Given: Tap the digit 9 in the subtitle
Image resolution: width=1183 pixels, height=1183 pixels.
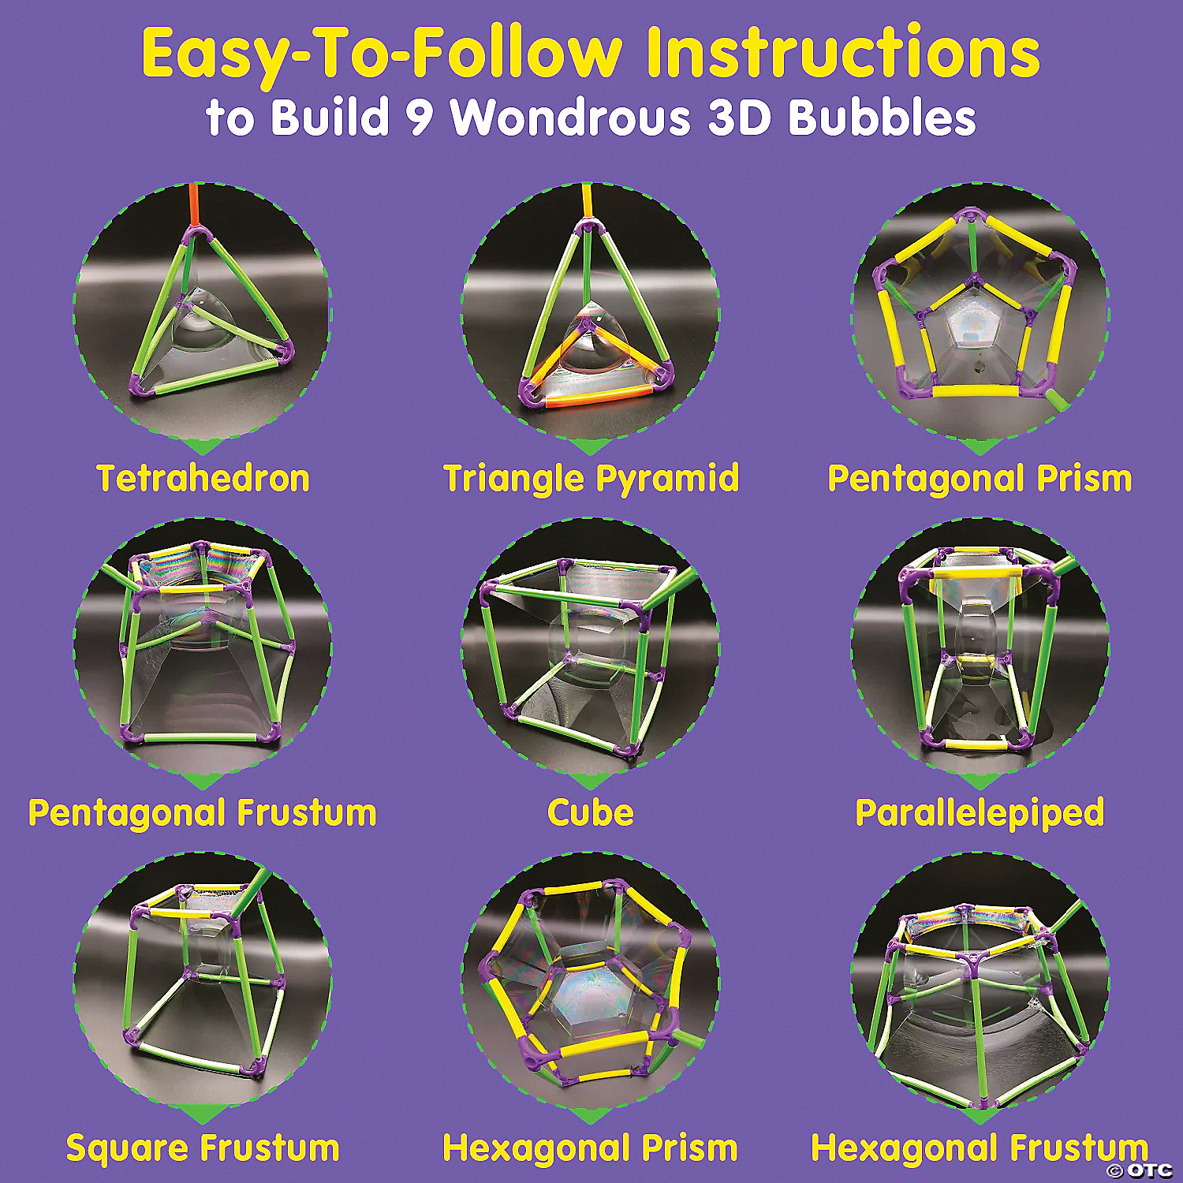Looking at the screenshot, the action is click(426, 118).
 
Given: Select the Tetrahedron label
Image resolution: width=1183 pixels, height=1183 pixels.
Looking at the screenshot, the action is click(203, 478).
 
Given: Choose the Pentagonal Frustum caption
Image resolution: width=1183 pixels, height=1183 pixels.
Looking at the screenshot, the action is click(203, 813).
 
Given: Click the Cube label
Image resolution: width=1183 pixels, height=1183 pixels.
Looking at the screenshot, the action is click(591, 812).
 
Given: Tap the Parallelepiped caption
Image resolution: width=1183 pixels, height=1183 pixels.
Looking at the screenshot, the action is click(980, 813).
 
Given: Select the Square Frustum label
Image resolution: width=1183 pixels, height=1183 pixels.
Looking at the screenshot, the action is click(203, 1148).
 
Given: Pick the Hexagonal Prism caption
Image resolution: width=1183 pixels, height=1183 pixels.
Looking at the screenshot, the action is click(591, 1148).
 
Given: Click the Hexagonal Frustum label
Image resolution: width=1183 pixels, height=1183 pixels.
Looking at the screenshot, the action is click(980, 1148).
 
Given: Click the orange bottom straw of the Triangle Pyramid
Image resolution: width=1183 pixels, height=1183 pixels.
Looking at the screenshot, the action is click(590, 395).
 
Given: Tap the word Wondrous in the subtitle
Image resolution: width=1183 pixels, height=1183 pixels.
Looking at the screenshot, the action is click(570, 118).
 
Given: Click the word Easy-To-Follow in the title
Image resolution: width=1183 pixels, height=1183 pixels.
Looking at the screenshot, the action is click(382, 54).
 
